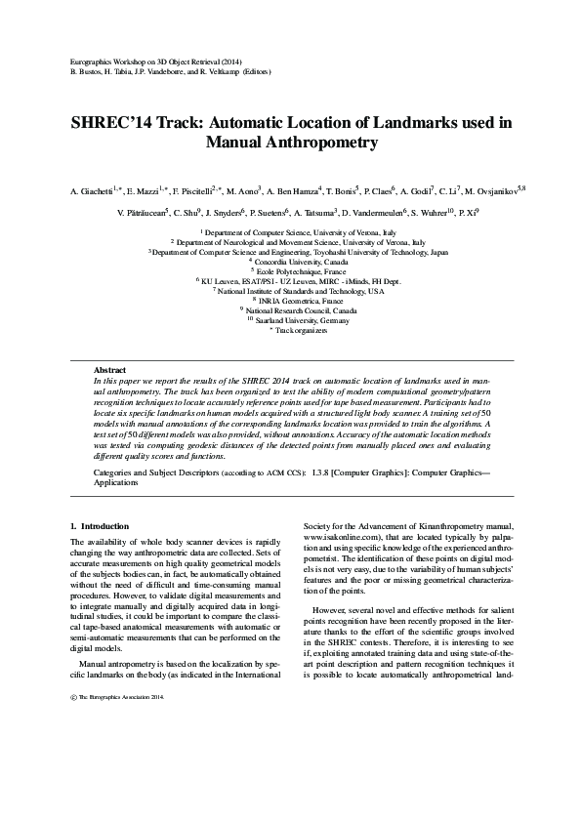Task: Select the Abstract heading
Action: click(x=109, y=370)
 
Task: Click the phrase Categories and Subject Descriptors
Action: click(x=150, y=473)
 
